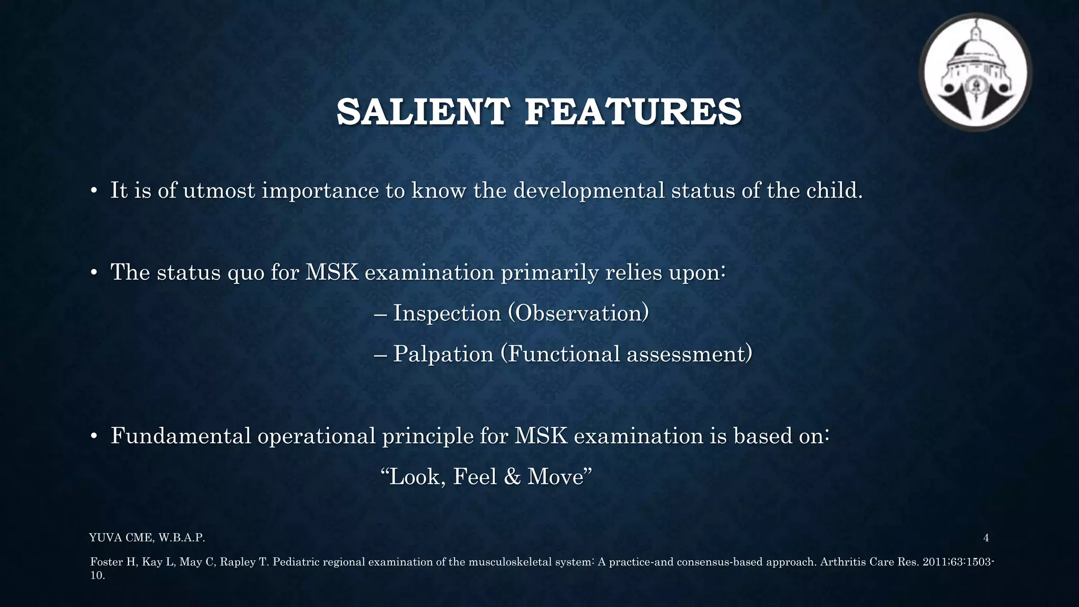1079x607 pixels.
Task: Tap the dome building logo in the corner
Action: click(x=975, y=72)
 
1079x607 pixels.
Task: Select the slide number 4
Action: click(x=986, y=538)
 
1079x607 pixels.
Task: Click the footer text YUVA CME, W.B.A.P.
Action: click(x=147, y=538)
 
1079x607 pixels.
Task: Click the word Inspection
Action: click(x=447, y=313)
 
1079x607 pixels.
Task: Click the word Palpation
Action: click(x=443, y=354)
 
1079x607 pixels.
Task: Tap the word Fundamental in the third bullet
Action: click(x=181, y=436)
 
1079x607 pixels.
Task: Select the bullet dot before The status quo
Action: click(x=94, y=273)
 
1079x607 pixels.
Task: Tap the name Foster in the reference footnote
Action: click(x=106, y=562)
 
